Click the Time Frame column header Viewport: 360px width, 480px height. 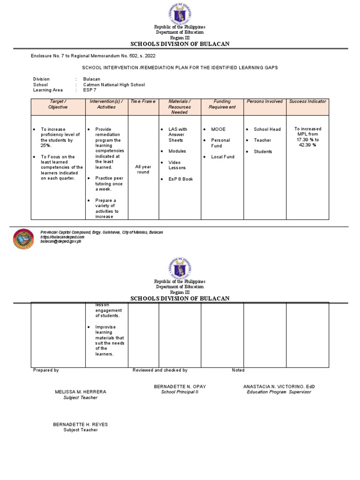pos(143,101)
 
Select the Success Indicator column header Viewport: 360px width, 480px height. pos(307,101)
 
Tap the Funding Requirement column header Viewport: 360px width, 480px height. pos(222,104)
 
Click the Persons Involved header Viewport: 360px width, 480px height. pos(265,101)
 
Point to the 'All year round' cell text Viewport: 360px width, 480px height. pos(143,169)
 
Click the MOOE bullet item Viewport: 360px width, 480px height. pos(218,129)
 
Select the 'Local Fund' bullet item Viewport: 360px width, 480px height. pos(223,157)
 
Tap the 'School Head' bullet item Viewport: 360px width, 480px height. pos(267,129)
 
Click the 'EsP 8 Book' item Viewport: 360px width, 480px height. pos(180,179)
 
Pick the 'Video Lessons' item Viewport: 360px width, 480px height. pos(177,165)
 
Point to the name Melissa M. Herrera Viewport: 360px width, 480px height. pos(81,391)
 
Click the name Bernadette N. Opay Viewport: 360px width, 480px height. pos(180,386)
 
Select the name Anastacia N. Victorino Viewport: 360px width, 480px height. pos(279,386)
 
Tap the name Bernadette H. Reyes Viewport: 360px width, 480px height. pos(81,424)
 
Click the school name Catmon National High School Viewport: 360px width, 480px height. pos(114,85)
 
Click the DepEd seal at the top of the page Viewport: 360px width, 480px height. pos(180,13)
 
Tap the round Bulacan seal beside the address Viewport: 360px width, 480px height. pos(23,240)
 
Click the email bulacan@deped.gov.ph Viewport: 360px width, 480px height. pos(61,241)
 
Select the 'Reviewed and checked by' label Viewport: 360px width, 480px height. pos(160,370)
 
